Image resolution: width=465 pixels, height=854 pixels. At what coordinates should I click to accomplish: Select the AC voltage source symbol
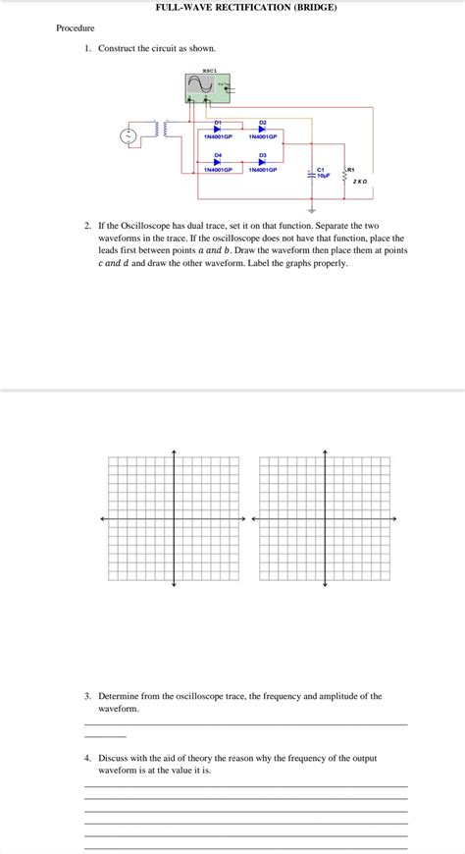129,136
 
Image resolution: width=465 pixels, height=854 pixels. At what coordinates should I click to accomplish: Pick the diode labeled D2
263,130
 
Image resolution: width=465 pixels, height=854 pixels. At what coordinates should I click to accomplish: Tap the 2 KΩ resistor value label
360,182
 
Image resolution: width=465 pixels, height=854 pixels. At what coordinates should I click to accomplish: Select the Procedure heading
75,27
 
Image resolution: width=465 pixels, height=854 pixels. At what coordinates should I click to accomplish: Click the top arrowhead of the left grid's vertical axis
174,453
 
